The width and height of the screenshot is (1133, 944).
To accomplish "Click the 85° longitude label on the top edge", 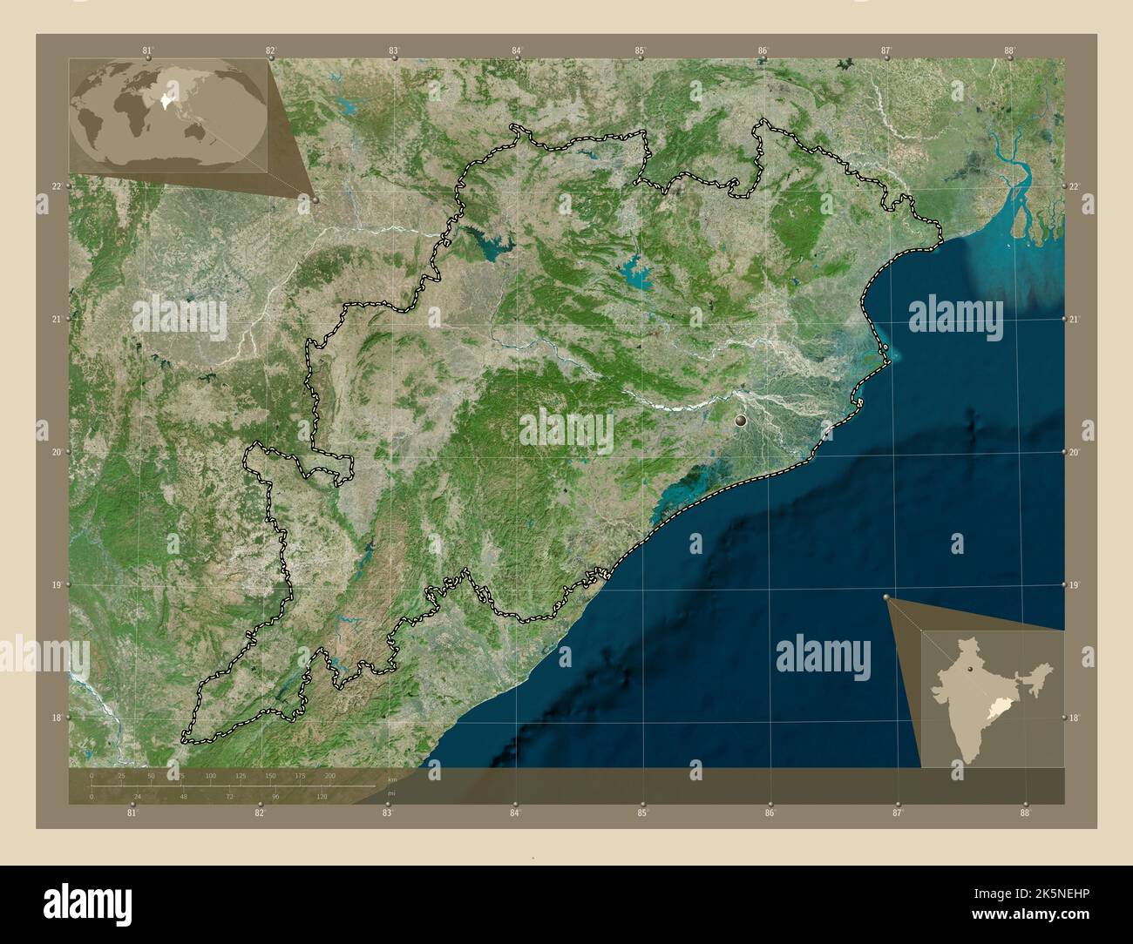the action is tap(640, 51).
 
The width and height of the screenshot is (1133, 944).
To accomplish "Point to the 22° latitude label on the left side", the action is tap(56, 186).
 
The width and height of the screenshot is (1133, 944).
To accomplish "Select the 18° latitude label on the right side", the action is tap(1074, 718).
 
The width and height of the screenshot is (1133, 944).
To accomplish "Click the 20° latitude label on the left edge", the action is tap(56, 452).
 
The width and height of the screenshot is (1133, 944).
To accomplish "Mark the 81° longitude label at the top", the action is tap(147, 51).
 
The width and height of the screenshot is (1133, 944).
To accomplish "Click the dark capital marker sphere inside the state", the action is tap(741, 421).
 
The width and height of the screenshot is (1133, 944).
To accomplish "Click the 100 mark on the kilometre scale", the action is tap(210, 775).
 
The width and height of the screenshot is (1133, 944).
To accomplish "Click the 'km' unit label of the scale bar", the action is tap(392, 780).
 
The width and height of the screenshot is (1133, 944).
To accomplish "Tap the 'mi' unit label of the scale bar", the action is tap(392, 793).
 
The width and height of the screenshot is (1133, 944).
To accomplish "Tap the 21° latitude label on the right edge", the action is tap(1074, 320).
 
